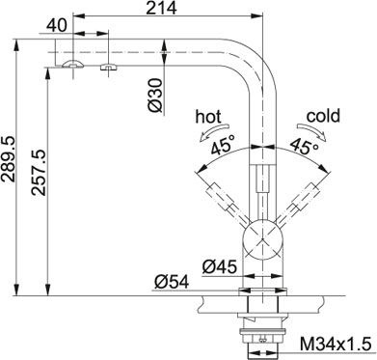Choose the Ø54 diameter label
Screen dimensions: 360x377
169,282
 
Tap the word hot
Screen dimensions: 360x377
207,115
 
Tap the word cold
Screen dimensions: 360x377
323,115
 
